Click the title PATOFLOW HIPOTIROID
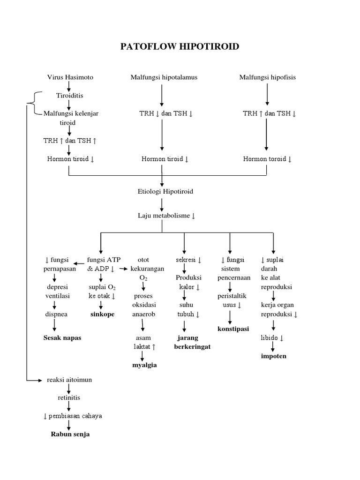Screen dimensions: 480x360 click(x=180, y=46)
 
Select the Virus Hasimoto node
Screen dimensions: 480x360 click(x=70, y=77)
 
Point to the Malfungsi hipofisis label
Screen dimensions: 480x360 click(x=267, y=77)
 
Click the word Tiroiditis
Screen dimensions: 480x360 click(x=69, y=96)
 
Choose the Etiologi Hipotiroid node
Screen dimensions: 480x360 click(x=162, y=191)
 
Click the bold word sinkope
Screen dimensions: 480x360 click(x=102, y=314)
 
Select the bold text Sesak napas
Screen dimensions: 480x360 click(x=62, y=338)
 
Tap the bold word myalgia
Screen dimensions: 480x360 click(x=145, y=365)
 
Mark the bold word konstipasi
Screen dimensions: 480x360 click(x=233, y=329)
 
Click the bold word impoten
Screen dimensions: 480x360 click(x=273, y=356)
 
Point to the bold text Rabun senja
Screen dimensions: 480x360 click(x=70, y=434)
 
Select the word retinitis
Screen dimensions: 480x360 click(x=69, y=397)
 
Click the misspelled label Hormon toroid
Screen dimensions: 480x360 click(x=267, y=159)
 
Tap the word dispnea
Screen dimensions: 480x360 click(x=56, y=314)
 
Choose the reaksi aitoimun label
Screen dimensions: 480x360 click(x=69, y=380)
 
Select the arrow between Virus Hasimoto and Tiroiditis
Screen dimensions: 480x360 click(x=69, y=86)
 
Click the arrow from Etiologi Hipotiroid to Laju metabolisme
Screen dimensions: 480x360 click(x=162, y=203)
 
